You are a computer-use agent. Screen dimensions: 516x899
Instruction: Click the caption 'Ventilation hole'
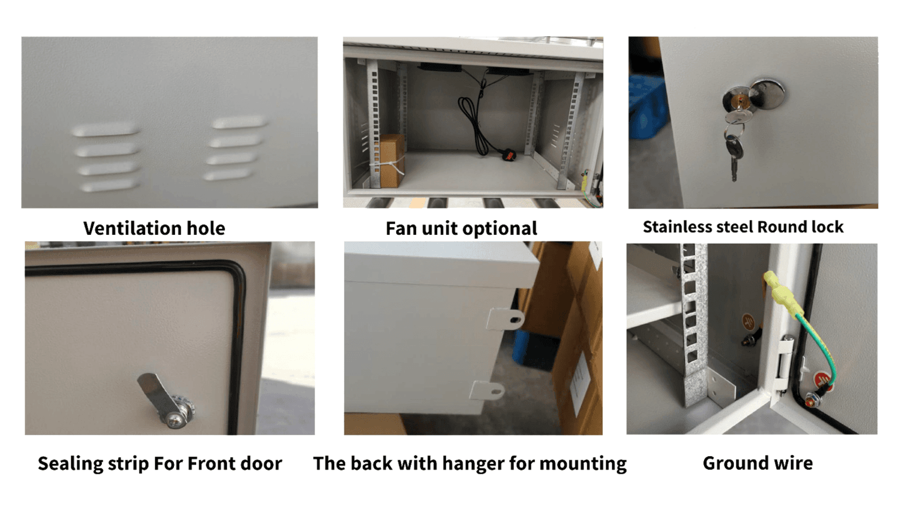(x=154, y=228)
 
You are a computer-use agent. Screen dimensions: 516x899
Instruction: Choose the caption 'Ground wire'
(x=757, y=463)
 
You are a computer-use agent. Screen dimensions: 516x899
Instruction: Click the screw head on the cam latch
(x=176, y=418)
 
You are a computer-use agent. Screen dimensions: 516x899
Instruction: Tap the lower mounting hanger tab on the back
(x=488, y=389)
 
